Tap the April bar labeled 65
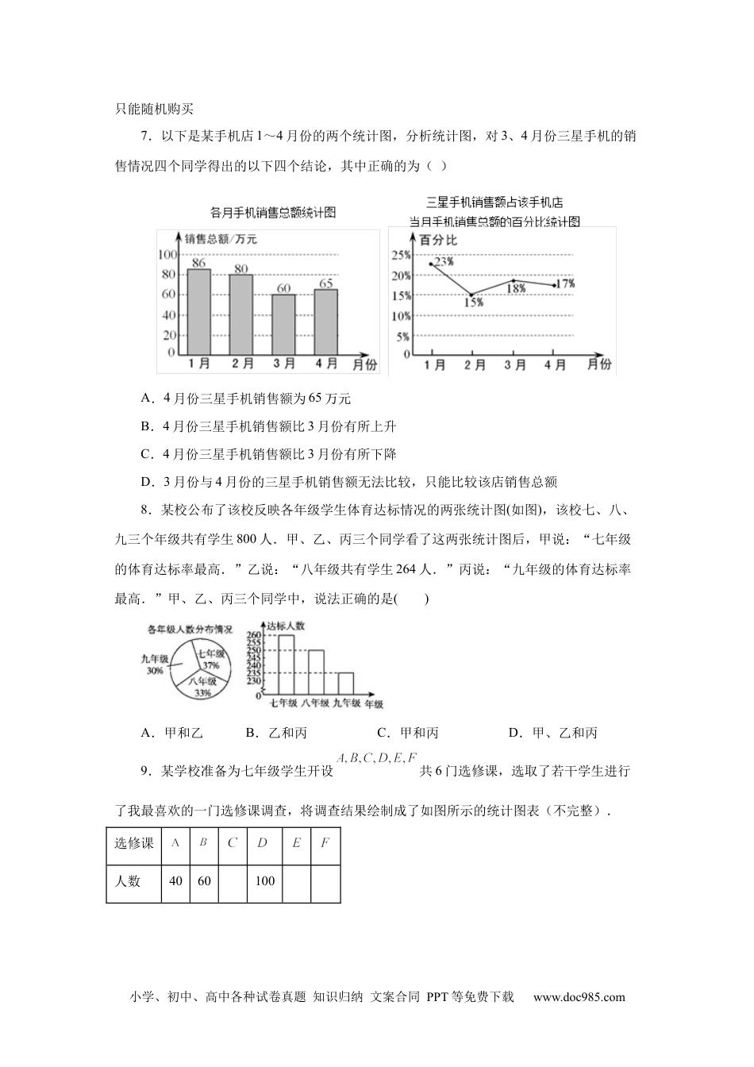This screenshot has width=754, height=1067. point(326,322)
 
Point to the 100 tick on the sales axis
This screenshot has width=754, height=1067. point(167,254)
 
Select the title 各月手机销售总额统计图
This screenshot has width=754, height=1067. point(273,212)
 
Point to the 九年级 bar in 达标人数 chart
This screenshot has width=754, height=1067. point(345,684)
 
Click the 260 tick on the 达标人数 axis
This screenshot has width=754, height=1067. point(253,635)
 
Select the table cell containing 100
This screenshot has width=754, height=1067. point(264,880)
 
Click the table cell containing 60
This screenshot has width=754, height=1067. point(204,880)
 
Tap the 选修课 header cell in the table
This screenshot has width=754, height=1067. point(134,843)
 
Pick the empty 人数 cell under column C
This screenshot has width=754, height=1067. point(233,880)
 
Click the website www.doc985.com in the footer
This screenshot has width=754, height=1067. point(579,997)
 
